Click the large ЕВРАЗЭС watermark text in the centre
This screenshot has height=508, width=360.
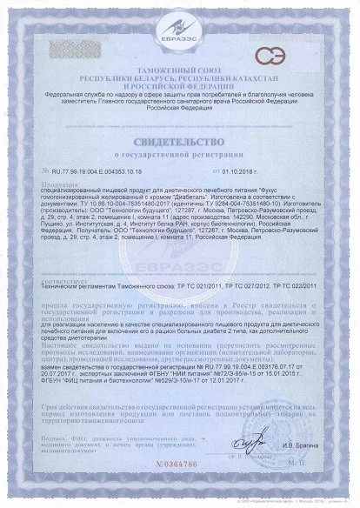[179, 261]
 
